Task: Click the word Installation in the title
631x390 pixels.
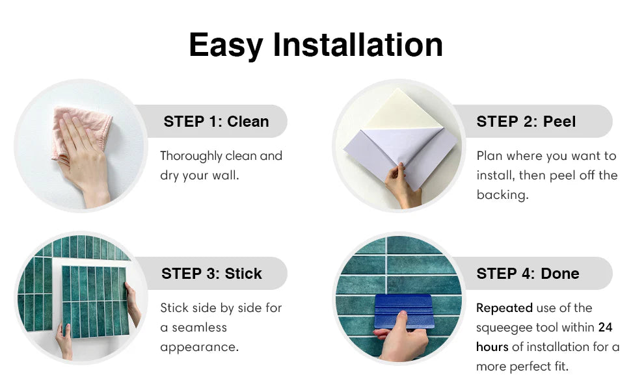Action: point(358,45)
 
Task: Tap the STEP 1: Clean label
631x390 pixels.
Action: point(216,122)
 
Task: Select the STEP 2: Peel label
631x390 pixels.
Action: point(526,122)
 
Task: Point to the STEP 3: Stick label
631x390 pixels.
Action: point(211,274)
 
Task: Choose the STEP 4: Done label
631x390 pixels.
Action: point(528,274)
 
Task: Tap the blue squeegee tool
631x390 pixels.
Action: point(403,311)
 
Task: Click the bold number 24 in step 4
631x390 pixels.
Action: point(605,328)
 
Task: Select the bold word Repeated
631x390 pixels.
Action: point(505,308)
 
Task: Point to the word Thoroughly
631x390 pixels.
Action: point(191,156)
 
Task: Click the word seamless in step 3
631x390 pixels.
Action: point(199,328)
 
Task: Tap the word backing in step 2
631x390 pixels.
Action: point(502,195)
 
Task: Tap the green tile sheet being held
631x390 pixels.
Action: point(96,301)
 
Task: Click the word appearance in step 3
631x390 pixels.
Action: point(199,347)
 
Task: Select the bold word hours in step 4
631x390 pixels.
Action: point(492,347)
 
